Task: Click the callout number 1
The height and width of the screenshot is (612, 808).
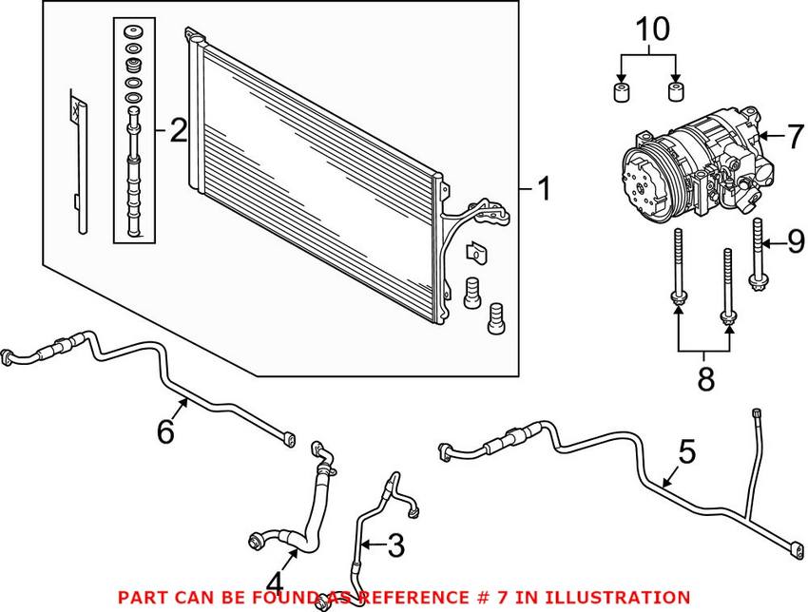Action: [543, 190]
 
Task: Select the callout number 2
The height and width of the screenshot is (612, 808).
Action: [178, 130]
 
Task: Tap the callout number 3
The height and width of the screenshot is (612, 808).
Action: [394, 545]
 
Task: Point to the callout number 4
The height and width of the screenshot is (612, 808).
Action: [276, 581]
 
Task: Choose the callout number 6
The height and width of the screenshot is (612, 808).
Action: [166, 432]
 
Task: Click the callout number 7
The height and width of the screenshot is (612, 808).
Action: [796, 136]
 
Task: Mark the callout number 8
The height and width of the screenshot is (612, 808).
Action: [704, 379]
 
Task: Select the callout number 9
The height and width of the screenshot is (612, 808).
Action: [796, 243]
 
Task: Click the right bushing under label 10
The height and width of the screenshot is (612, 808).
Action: [676, 93]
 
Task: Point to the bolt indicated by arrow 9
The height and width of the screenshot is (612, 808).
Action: [759, 252]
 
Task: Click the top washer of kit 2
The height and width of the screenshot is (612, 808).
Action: [133, 32]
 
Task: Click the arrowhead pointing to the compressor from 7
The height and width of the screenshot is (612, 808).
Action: [762, 137]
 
